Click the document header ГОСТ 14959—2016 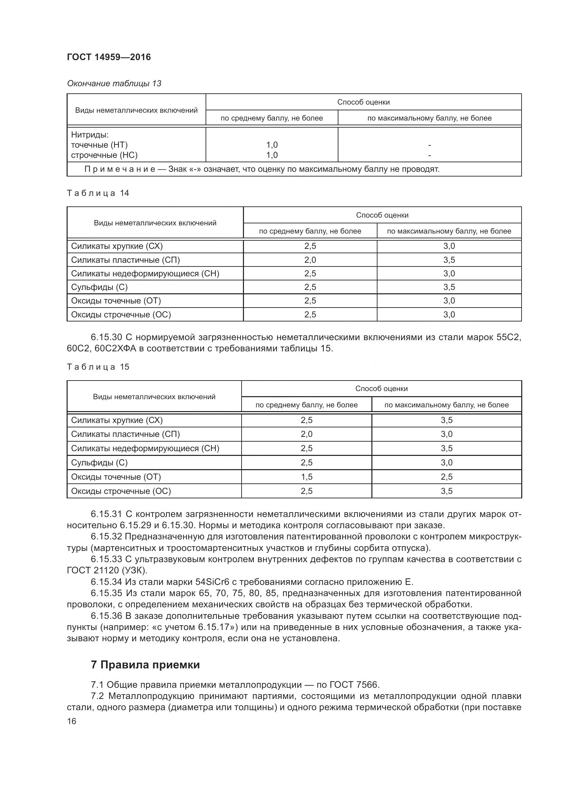pos(109,57)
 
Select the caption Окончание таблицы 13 pos(114,84)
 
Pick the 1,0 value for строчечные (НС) pos(272,155)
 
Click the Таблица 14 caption pos(98,193)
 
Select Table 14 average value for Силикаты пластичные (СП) pos(310,260)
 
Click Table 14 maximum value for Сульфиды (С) pos(449,287)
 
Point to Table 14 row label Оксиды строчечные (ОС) pos(121,314)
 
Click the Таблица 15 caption pos(98,367)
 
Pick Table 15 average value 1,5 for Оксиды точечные pos(306,477)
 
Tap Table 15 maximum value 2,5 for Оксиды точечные pos(446,477)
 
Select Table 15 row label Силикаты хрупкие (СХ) pos(117,420)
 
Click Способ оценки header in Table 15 pos(381,388)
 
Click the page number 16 pos(72,721)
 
